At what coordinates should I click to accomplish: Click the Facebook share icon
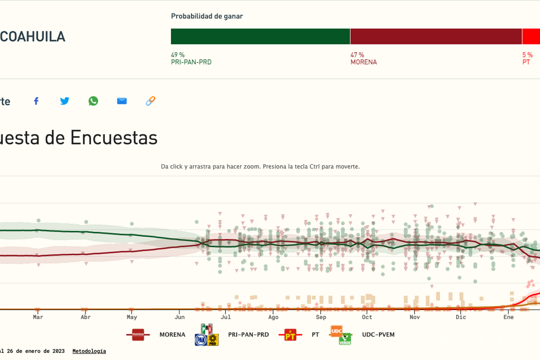click(x=36, y=101)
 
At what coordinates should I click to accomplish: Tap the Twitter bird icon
click(x=65, y=101)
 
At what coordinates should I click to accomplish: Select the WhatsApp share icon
click(x=93, y=101)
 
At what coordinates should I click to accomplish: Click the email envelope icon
click(x=122, y=101)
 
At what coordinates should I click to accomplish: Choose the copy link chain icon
click(x=150, y=101)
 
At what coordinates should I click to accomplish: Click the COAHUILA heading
click(x=32, y=36)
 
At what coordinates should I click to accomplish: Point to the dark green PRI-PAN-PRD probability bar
click(x=260, y=36)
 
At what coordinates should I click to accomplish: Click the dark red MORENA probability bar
click(x=436, y=36)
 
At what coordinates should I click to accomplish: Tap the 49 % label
click(x=178, y=55)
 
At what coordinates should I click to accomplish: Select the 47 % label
click(x=357, y=55)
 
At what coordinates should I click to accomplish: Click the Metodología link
click(x=89, y=351)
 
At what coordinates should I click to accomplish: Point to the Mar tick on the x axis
click(x=38, y=317)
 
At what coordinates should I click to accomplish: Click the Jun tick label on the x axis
click(x=179, y=317)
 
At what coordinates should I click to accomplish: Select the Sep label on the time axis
click(x=321, y=317)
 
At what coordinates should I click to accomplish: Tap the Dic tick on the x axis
click(x=461, y=317)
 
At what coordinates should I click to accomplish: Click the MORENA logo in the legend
click(x=138, y=335)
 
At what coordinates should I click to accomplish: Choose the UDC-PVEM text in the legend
click(x=378, y=335)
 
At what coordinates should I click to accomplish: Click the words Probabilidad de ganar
click(x=207, y=16)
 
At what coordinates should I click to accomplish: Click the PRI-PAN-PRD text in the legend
click(x=248, y=335)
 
